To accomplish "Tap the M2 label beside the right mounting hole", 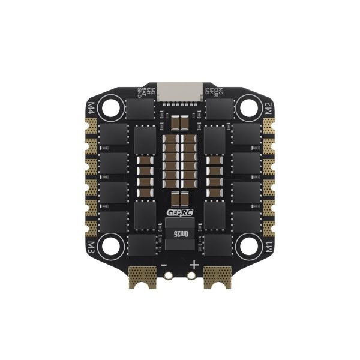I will tap(269, 108).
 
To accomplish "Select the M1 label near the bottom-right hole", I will tap(269, 246).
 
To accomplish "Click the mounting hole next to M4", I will tap(112, 109).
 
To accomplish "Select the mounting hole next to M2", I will tap(248, 109).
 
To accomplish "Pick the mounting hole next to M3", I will tap(112, 245).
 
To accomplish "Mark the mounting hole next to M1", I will tap(248, 245).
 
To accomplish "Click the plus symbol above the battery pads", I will tap(194, 265).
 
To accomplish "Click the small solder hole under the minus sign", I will tap(170, 277).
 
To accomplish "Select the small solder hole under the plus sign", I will tap(190, 277).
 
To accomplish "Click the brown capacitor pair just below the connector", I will tap(180, 123).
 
